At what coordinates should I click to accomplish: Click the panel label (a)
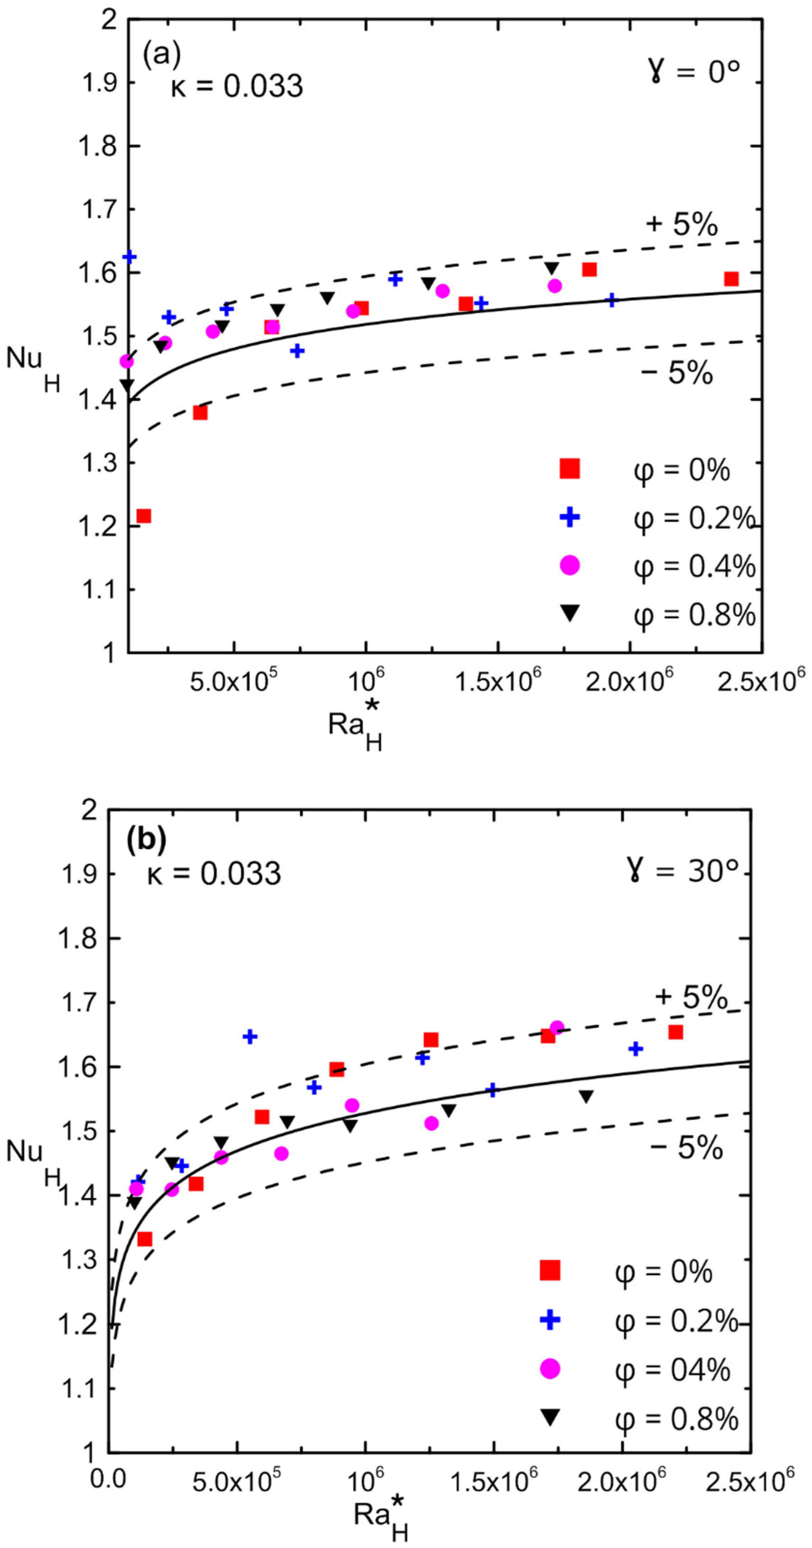point(161,55)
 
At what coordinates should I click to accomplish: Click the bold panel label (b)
point(146,840)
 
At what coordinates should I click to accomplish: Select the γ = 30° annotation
point(682,870)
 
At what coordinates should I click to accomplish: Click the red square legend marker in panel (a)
point(569,469)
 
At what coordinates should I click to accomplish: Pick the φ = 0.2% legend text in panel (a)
point(694,518)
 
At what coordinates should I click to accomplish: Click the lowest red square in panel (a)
point(144,516)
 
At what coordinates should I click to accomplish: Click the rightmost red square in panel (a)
point(731,279)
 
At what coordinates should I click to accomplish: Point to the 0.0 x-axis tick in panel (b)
point(108,1478)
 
